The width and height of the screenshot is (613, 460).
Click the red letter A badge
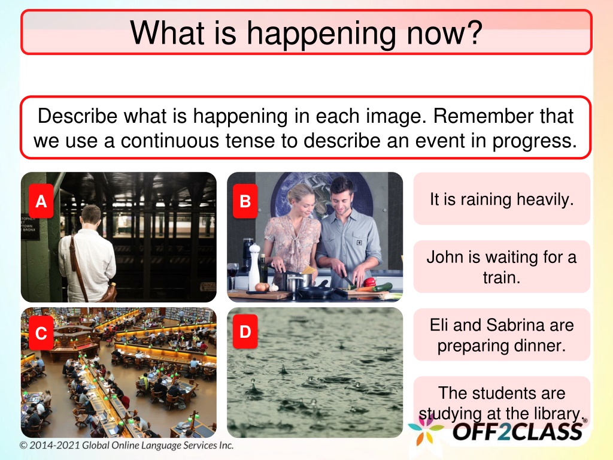pos(41,201)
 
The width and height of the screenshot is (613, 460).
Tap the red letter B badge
pos(245,201)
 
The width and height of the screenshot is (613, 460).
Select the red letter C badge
pos(41,333)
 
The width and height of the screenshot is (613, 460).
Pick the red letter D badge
pos(245,332)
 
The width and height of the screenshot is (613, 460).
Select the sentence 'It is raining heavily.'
pos(502,199)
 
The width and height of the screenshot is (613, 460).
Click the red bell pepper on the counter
pos(369,282)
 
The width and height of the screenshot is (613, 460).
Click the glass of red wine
pos(233,276)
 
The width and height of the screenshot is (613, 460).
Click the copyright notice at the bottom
pos(127,445)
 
